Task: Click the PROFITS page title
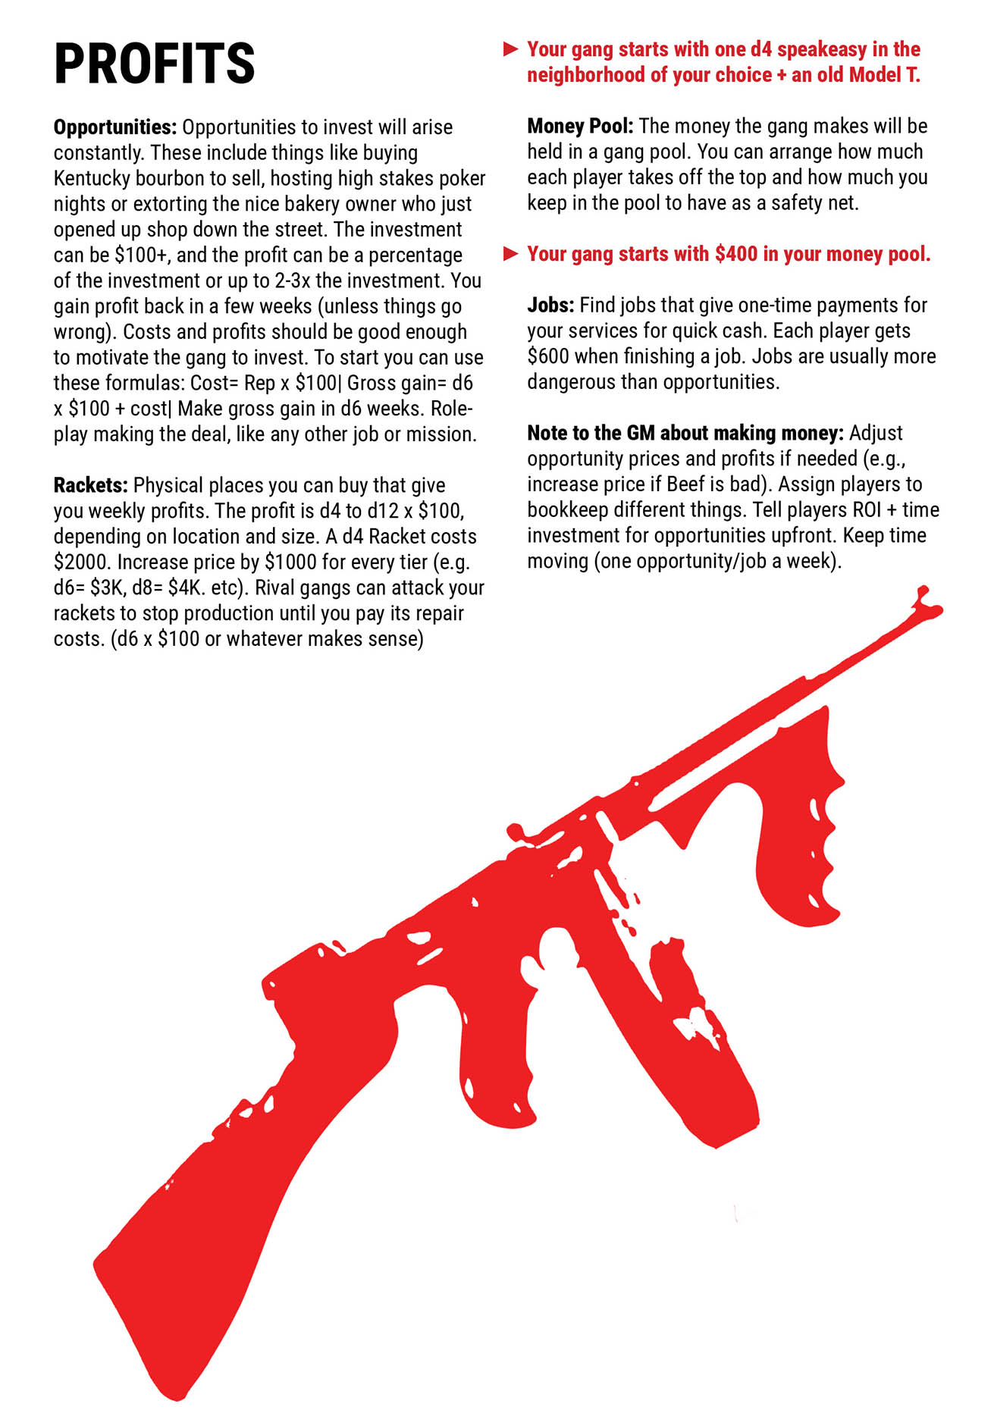point(155,64)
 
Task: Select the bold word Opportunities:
point(114,127)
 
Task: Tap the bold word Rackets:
point(90,485)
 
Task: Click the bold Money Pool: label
point(580,126)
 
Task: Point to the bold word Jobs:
point(550,305)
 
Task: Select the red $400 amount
point(736,254)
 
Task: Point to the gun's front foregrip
point(796,841)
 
